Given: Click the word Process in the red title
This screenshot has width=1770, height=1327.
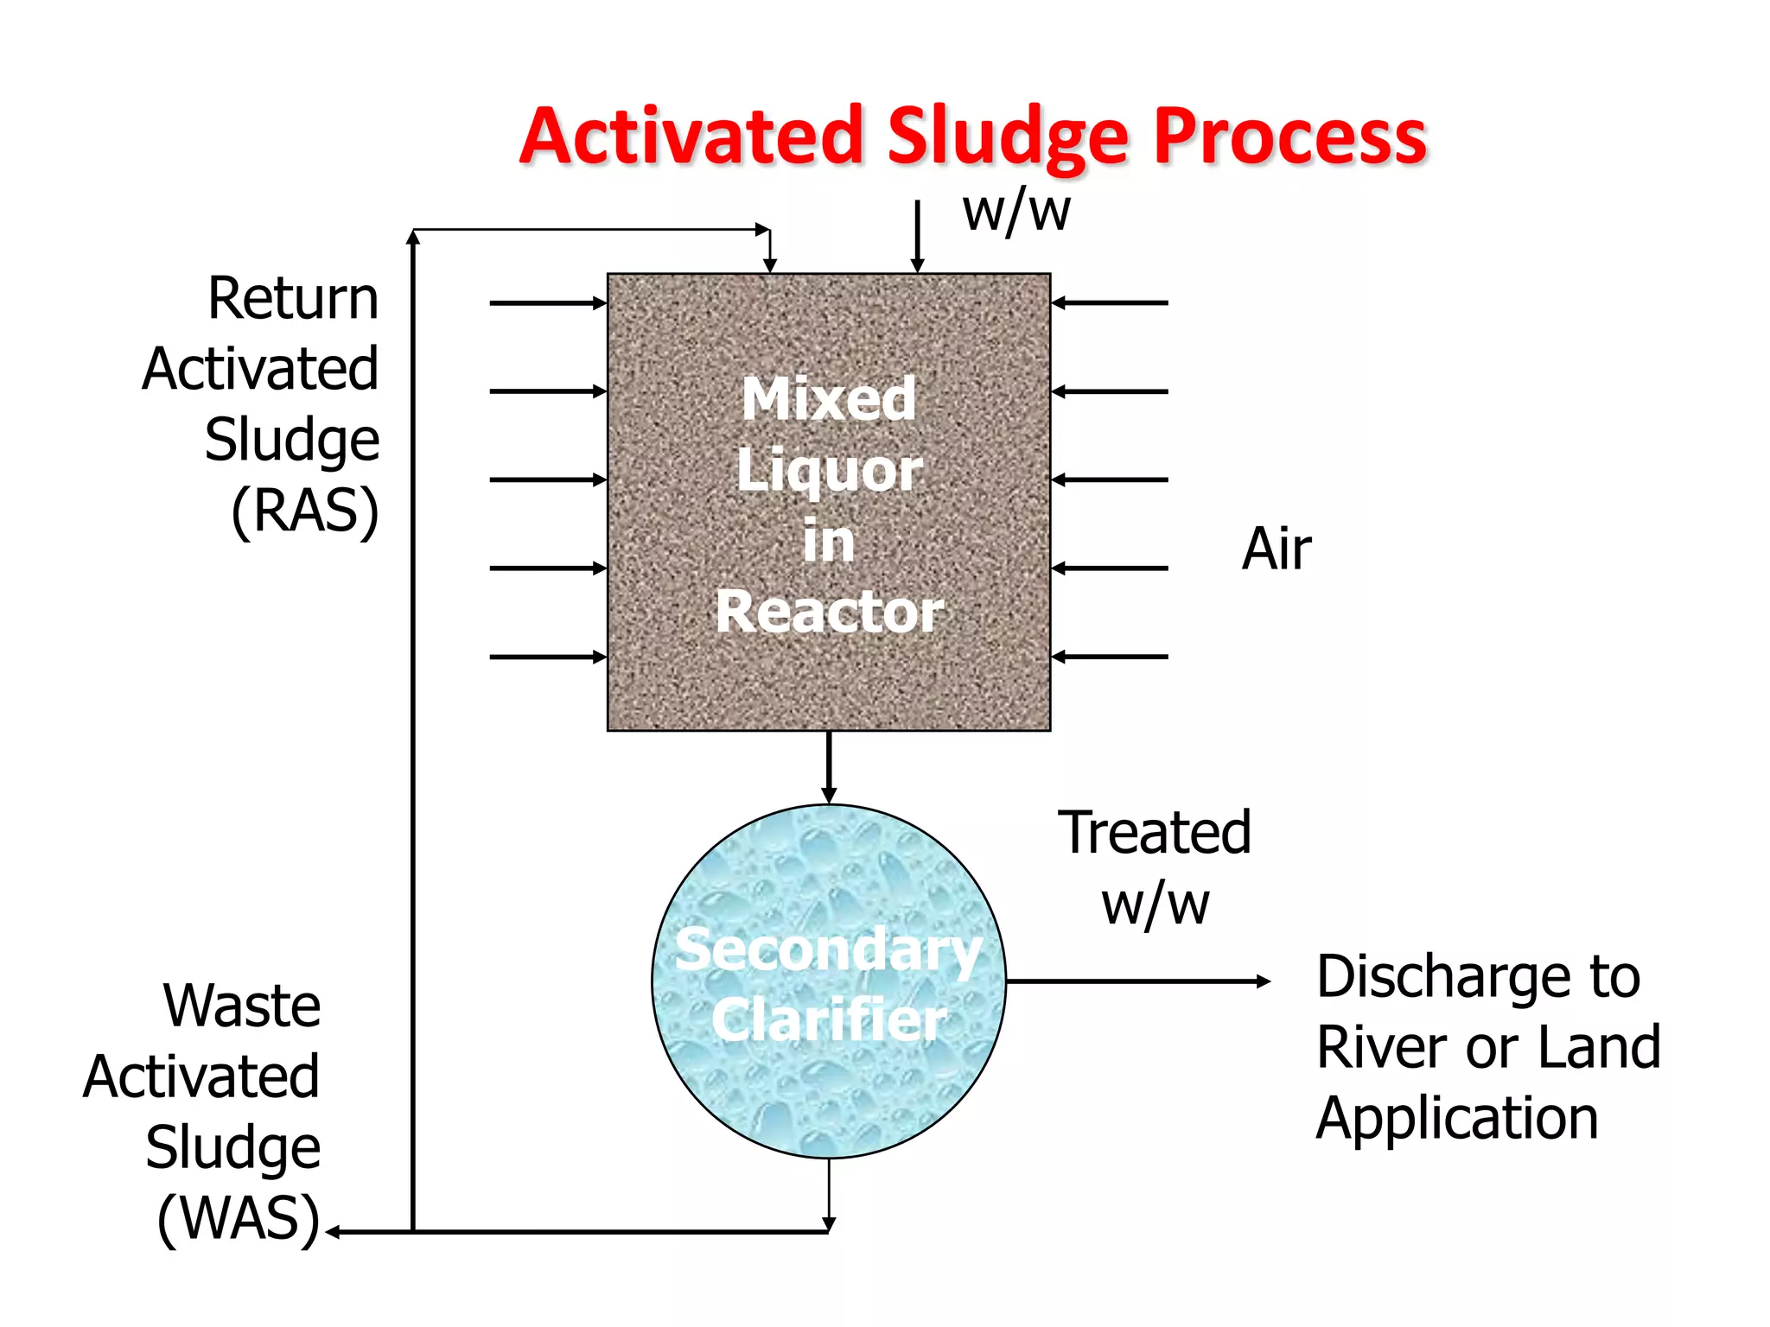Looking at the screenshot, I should (x=1289, y=138).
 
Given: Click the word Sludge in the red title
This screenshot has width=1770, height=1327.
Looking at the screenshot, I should (x=1008, y=138).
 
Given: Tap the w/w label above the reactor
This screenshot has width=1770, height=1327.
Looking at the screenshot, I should (x=1016, y=212).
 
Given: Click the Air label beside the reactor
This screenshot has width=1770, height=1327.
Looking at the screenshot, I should (x=1276, y=549).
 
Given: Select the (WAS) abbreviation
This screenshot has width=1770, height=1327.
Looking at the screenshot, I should (x=239, y=1219).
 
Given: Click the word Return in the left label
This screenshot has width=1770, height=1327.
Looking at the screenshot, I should (x=293, y=299).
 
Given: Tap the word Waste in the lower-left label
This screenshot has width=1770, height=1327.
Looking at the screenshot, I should (x=242, y=1006).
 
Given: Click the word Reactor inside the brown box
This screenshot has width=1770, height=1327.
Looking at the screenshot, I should (x=829, y=612).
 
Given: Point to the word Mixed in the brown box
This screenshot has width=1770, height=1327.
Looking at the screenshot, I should (x=829, y=399).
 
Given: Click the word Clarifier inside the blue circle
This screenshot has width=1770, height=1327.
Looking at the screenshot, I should (x=829, y=1019).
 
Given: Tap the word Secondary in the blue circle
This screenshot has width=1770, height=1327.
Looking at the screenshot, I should (x=829, y=949).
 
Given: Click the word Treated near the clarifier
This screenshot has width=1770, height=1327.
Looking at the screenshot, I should (x=1155, y=833).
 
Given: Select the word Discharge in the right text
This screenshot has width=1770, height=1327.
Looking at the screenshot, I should (x=1478, y=977).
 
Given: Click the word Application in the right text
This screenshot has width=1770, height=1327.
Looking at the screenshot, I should (x=1457, y=1119).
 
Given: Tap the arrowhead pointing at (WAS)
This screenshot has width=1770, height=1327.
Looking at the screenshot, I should (x=334, y=1232).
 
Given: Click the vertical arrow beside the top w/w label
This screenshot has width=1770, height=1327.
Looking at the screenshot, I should (x=918, y=238).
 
